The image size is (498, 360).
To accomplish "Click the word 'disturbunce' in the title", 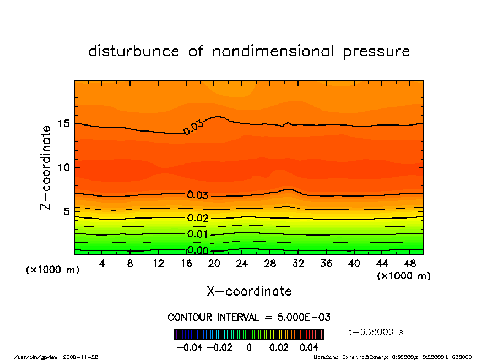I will point(134,52).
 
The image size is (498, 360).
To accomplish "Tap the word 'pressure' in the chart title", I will point(377,52).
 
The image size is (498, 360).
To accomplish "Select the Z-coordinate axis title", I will point(47,167).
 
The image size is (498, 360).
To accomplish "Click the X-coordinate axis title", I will point(249,291).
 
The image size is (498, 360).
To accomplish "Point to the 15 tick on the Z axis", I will point(63,124).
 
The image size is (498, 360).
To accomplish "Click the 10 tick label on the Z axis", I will point(63,167).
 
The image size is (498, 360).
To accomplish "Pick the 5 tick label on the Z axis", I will point(67,211).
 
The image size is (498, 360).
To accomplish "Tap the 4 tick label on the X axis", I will point(102,264).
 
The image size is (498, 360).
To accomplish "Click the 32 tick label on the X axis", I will point(298,264).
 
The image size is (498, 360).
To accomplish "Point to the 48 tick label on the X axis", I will point(410,264).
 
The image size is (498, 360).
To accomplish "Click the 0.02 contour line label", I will point(198,218).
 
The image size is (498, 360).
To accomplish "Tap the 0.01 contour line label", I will point(198,234).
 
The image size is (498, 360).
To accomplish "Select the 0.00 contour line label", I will point(198,251).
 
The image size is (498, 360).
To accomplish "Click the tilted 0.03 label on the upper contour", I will point(194,128).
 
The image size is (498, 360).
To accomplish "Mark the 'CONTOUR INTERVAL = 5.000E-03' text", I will point(249,318).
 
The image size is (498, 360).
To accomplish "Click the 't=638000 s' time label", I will point(377,332).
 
